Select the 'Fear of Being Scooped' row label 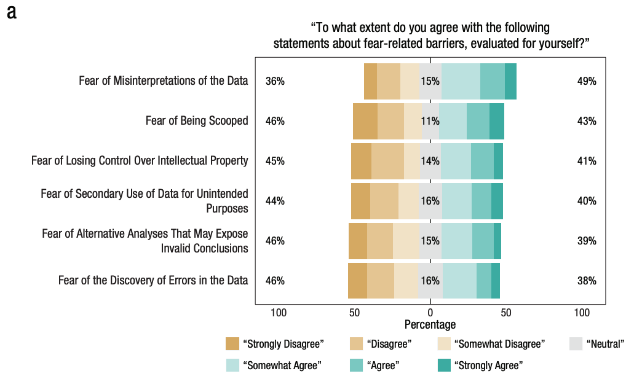[197, 121]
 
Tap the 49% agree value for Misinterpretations [587, 81]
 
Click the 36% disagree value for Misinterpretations [275, 81]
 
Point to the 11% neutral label [430, 121]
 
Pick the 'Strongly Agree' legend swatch [444, 365]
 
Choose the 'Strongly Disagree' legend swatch [232, 344]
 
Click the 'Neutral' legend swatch [576, 344]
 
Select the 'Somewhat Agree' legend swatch [232, 365]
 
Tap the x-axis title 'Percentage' [430, 324]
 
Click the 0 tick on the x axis [430, 313]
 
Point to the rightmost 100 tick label [581, 313]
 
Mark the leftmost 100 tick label [279, 313]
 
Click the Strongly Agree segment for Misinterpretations [510, 81]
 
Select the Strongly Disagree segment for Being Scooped [365, 121]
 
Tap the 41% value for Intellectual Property [587, 161]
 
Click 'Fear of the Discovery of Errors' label [153, 281]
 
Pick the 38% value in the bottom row [587, 281]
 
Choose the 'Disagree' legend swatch [356, 344]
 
